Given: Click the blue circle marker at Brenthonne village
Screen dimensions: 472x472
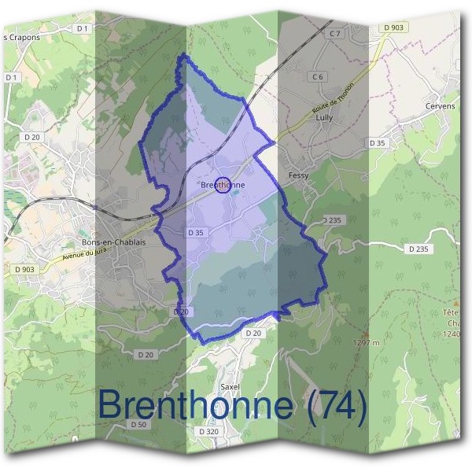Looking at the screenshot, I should tap(223, 186).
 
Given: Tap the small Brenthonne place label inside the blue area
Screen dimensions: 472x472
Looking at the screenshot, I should tap(223, 186).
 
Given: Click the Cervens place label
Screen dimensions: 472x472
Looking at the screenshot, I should tap(440, 107).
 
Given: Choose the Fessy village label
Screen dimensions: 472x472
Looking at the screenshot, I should tap(299, 175).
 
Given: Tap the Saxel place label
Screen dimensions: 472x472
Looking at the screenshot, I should tap(230, 388).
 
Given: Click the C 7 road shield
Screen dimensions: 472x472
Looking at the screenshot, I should tap(336, 34).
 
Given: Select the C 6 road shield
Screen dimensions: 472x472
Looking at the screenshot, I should tap(318, 77).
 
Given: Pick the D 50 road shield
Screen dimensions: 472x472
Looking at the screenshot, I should tap(138, 425).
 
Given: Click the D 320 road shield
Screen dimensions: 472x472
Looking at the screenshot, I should tap(208, 432).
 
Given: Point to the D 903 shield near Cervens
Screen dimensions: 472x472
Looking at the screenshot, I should tap(394, 28).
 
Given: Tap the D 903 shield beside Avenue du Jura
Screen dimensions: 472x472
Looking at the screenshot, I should tap(25, 270).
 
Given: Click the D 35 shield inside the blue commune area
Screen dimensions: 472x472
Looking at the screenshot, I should tap(196, 234).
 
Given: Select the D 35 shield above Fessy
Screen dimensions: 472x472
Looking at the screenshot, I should tap(378, 143).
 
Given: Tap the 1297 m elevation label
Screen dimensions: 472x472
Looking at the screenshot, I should tap(367, 343).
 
